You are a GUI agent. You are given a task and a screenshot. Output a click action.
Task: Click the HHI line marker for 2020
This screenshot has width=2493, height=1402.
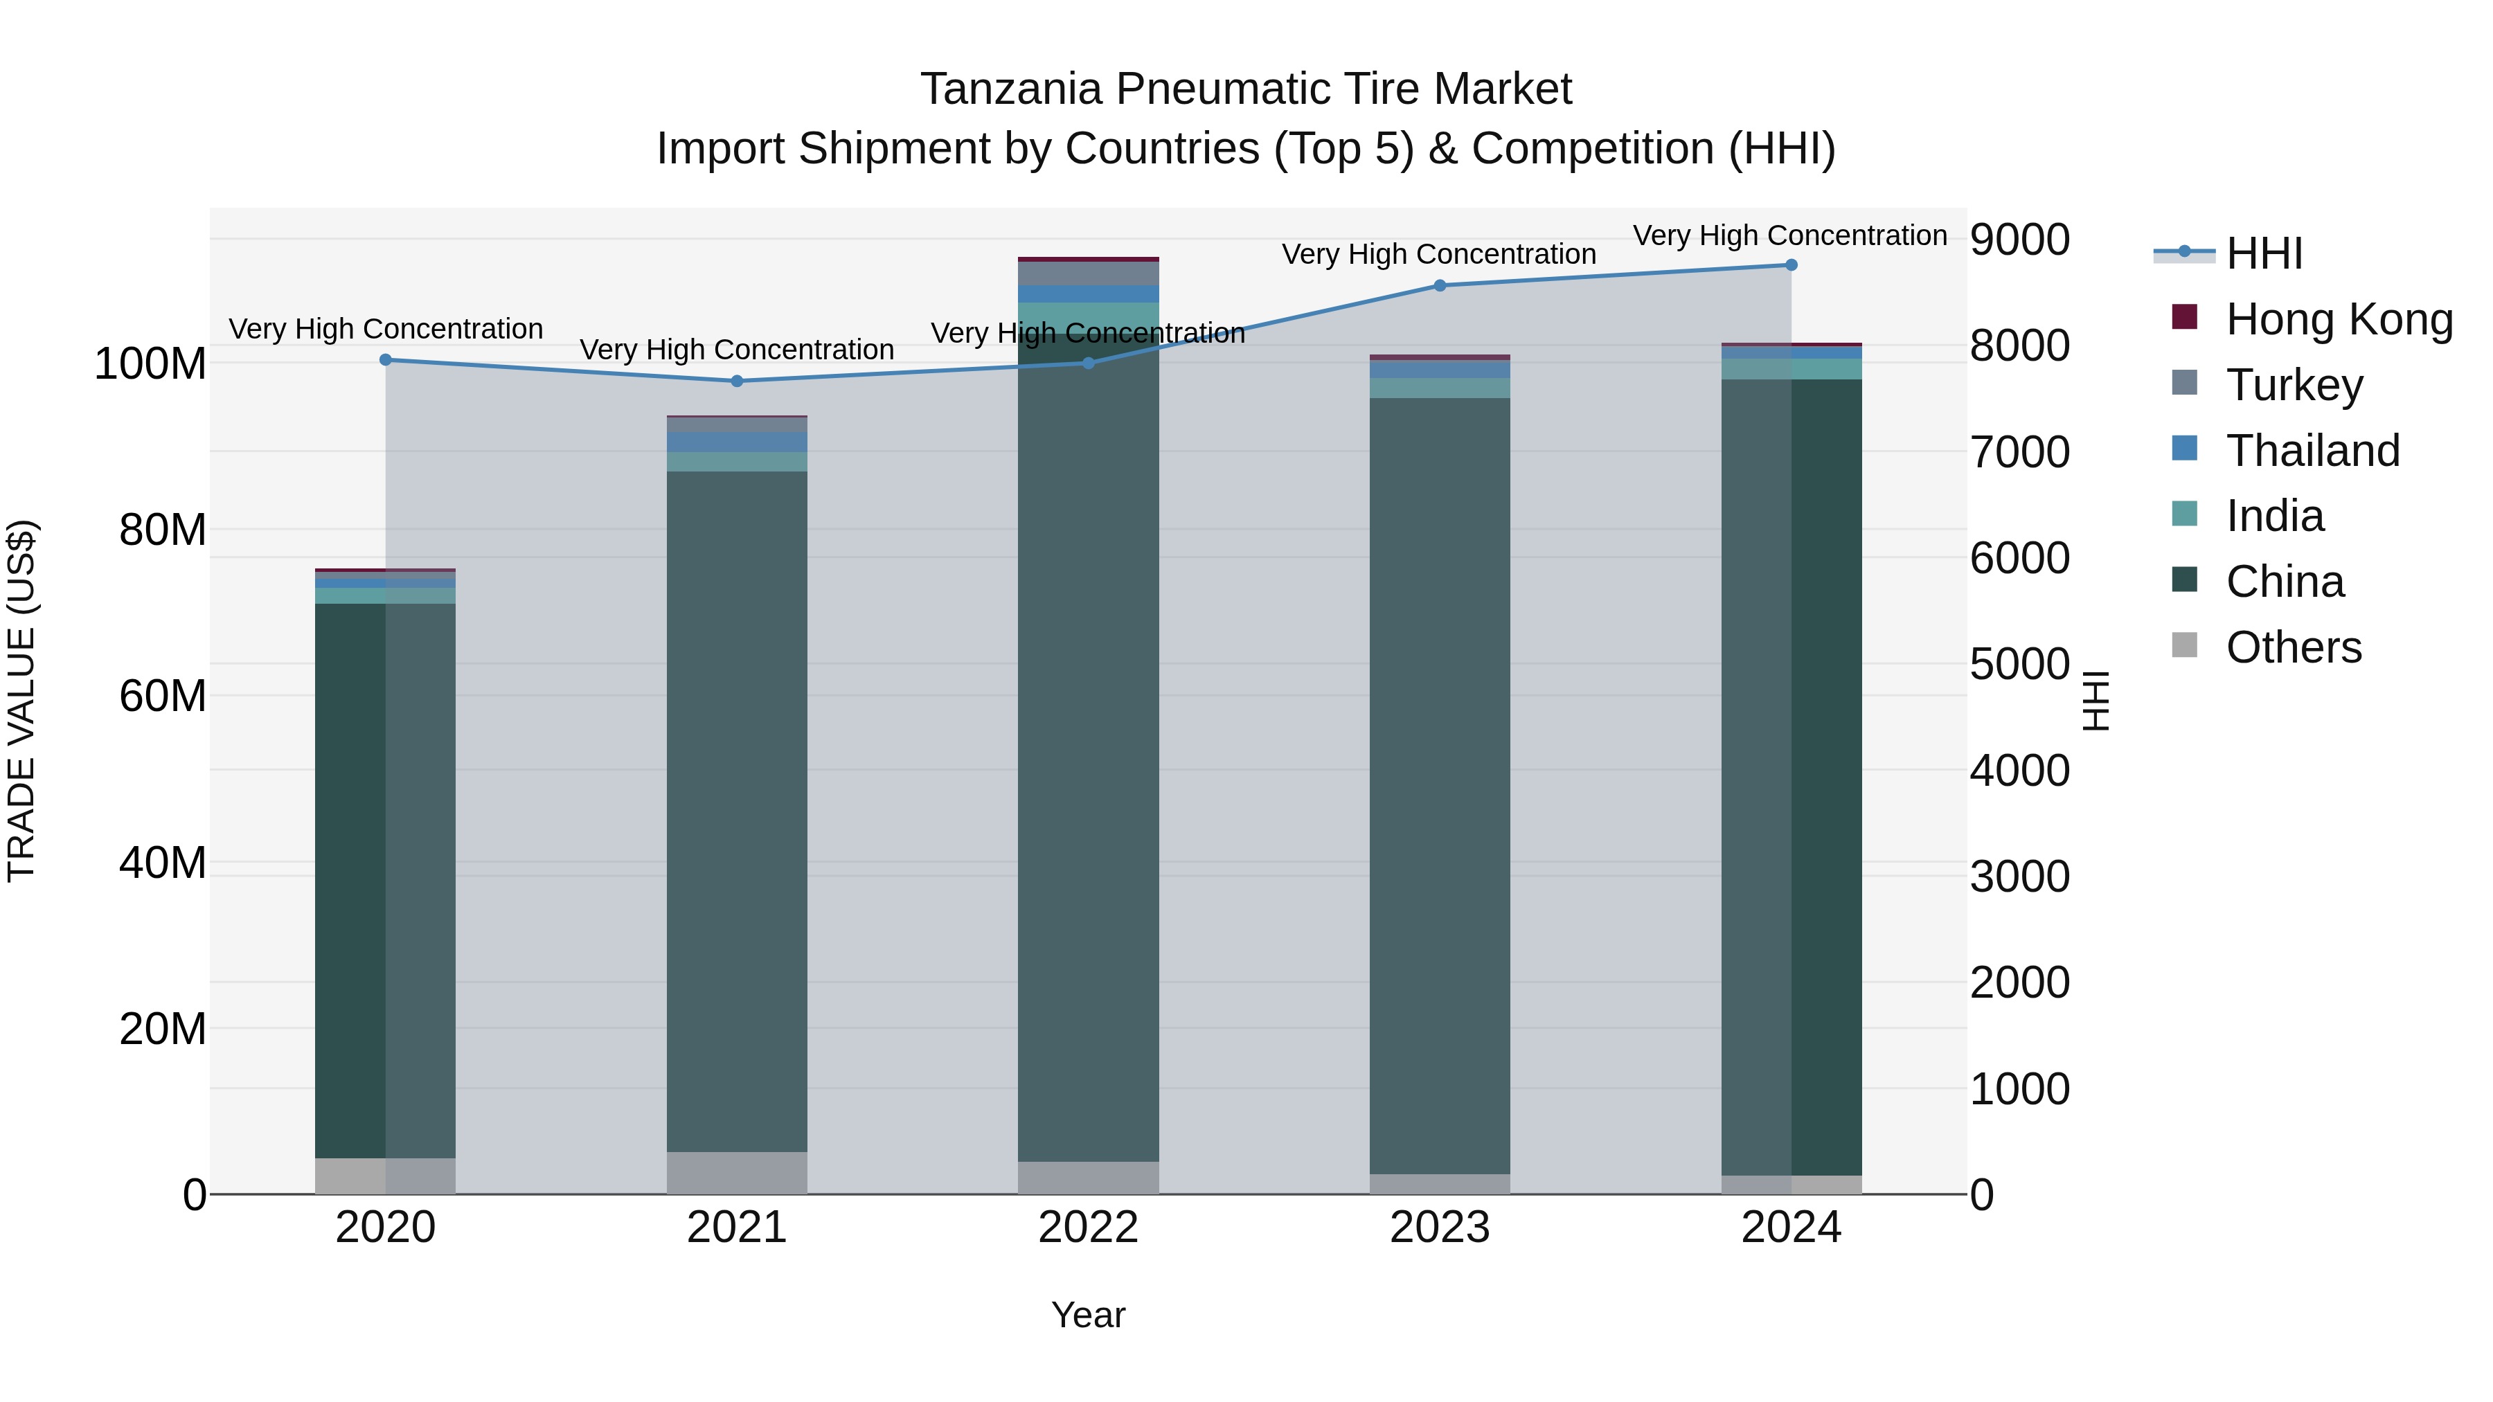(x=385, y=360)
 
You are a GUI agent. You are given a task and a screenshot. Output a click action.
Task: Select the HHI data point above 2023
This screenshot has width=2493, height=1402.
(x=1439, y=285)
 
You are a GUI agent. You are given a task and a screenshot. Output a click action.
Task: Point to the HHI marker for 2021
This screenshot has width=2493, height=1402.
(x=737, y=381)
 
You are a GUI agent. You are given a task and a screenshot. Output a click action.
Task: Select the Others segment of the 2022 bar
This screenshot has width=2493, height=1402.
(x=1088, y=1178)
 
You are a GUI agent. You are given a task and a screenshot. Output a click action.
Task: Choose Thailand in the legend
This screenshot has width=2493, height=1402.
(x=2312, y=451)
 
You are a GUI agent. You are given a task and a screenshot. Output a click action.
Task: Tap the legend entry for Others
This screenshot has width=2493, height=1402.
(x=2293, y=647)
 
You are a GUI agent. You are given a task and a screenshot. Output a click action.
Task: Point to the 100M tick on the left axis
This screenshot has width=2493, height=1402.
(x=150, y=365)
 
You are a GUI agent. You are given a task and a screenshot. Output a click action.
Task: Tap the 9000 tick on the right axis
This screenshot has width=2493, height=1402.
(x=2020, y=240)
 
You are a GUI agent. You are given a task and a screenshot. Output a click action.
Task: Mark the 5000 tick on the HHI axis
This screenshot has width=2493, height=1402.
(x=2020, y=665)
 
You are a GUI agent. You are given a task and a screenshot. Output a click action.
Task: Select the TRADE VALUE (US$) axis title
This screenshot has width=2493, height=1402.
(x=22, y=701)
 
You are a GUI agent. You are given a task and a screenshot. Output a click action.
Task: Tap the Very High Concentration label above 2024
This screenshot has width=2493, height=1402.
(x=1789, y=236)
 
